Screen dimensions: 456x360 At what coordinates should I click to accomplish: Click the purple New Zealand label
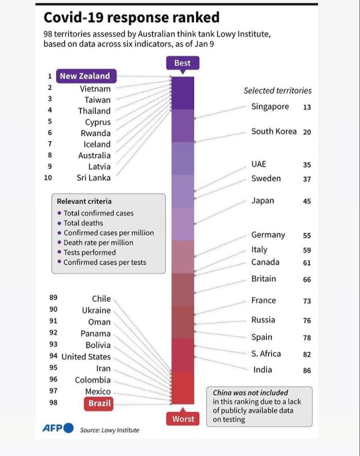tap(85, 76)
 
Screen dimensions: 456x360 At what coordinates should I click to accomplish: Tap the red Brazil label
tap(100, 403)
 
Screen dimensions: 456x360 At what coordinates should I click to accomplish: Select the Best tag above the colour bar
tap(182, 63)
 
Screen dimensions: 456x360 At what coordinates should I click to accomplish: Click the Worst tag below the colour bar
tap(183, 419)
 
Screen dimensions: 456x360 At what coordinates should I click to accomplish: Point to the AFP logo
tap(58, 428)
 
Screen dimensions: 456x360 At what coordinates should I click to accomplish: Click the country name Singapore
tap(270, 107)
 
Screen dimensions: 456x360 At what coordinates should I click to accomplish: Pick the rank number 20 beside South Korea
tap(307, 132)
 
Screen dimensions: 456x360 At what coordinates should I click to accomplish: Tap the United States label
tap(86, 357)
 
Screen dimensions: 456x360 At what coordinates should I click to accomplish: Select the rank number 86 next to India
tap(307, 371)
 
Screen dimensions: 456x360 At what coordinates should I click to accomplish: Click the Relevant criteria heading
tap(84, 201)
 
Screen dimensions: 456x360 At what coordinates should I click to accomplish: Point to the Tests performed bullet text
tap(90, 252)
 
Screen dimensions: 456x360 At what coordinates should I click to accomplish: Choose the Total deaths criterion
tap(83, 223)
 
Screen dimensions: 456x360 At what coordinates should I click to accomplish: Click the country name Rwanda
tap(96, 133)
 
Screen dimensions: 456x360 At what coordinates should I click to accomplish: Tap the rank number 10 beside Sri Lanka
tap(48, 177)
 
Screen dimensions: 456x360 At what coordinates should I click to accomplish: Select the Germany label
tap(268, 235)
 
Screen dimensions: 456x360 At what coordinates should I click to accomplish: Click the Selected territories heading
tap(277, 91)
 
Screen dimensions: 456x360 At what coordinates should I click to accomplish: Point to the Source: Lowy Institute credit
tap(109, 430)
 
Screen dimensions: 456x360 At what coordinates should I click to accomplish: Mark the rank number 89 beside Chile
tap(54, 298)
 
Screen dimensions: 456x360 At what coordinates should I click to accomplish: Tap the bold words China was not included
tap(250, 393)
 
